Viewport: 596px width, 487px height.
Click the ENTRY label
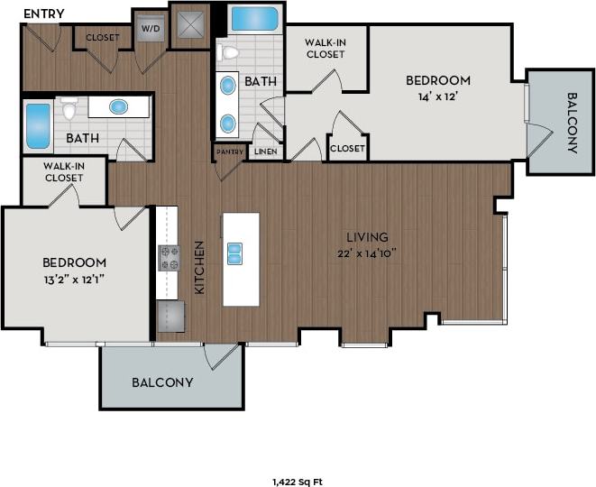click(43, 13)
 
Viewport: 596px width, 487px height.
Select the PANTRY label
click(230, 152)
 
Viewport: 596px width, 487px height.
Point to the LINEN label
click(265, 152)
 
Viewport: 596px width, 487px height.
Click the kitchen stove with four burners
click(170, 258)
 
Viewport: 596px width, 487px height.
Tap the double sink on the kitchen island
click(234, 253)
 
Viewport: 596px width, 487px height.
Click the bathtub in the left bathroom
click(38, 126)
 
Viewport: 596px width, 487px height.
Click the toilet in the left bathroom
click(70, 109)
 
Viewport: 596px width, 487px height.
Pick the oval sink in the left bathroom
click(119, 106)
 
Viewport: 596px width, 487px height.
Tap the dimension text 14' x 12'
click(437, 96)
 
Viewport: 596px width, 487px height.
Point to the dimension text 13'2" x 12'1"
click(75, 278)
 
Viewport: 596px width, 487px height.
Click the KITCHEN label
click(200, 268)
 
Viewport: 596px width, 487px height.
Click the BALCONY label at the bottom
click(162, 381)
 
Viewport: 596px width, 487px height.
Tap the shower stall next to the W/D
click(190, 26)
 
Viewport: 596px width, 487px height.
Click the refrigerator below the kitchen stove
click(170, 317)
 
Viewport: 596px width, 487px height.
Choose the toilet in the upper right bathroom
click(228, 52)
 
